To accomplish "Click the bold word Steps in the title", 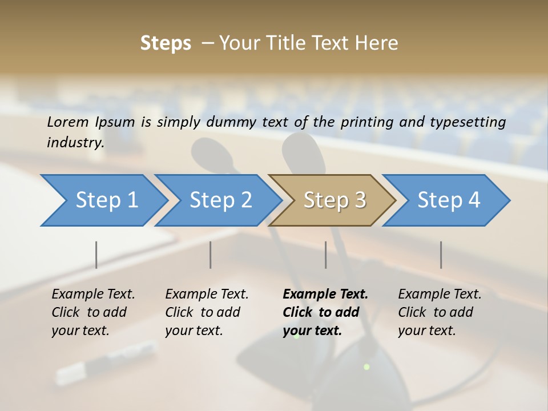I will tap(166, 43).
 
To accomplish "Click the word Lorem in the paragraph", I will tap(68, 122).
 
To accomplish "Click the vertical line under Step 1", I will tap(96, 255).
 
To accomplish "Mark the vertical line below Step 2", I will tap(211, 255).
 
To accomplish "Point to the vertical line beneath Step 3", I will tap(325, 255).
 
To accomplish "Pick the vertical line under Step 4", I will tap(441, 255).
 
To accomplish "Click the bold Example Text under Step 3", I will tap(325, 295).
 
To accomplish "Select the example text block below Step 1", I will tap(93, 312).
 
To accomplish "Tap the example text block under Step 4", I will tap(440, 312).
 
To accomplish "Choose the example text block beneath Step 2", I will tap(207, 312).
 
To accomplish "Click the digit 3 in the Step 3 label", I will tap(360, 200).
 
